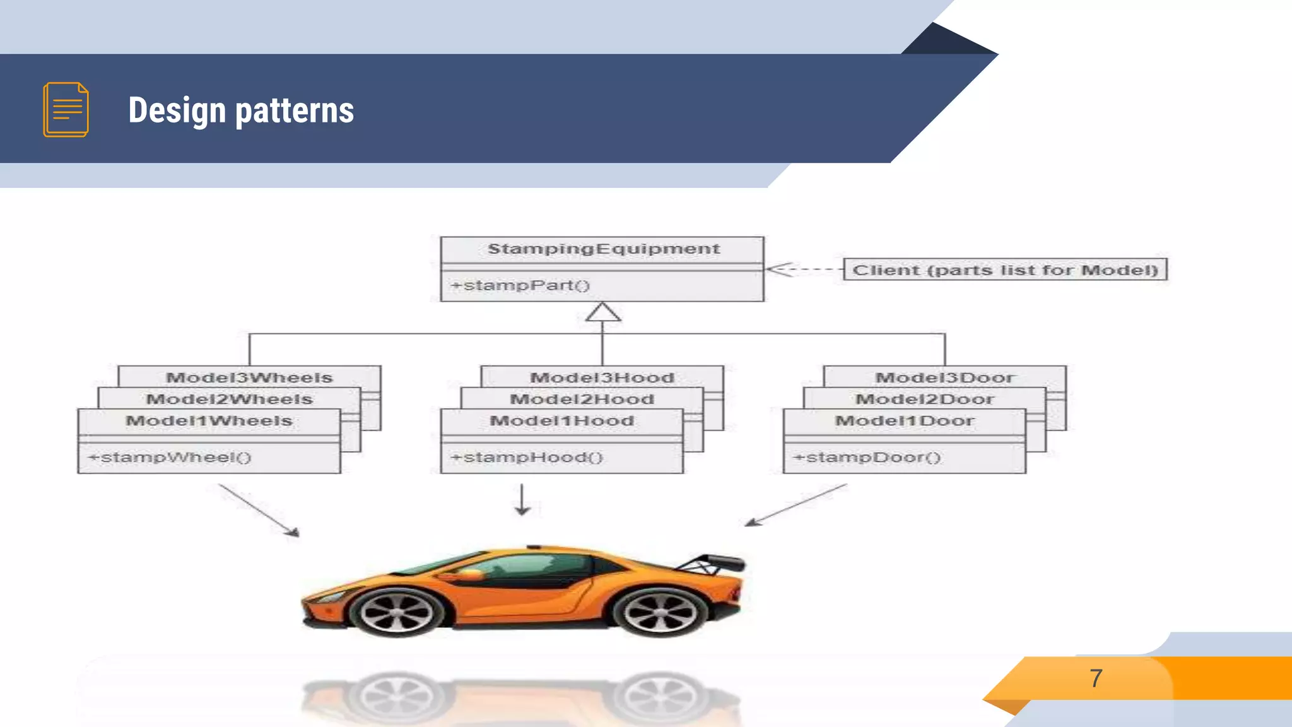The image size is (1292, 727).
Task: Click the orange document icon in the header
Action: tap(66, 109)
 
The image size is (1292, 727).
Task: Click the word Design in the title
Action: tap(177, 110)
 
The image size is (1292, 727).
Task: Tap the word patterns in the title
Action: tap(294, 110)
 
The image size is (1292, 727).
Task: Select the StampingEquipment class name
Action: tap(603, 249)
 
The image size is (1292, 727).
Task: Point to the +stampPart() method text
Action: tap(520, 285)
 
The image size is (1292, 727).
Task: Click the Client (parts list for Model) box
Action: tap(1005, 269)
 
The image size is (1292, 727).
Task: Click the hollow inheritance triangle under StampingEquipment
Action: tap(602, 312)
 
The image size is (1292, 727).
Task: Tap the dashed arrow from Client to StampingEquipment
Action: tap(804, 269)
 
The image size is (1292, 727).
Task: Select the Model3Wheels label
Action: tap(249, 377)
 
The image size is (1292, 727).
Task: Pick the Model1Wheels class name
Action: tap(209, 421)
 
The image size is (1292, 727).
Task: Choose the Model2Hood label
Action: tap(582, 399)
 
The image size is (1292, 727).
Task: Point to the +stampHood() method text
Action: tap(527, 457)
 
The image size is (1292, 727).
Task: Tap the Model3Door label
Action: tap(944, 377)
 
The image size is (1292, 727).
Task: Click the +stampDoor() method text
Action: tap(867, 457)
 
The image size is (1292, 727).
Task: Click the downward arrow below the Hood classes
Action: tap(522, 500)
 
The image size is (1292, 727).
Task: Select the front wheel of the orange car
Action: tap(397, 612)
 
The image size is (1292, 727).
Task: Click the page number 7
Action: tap(1096, 678)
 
